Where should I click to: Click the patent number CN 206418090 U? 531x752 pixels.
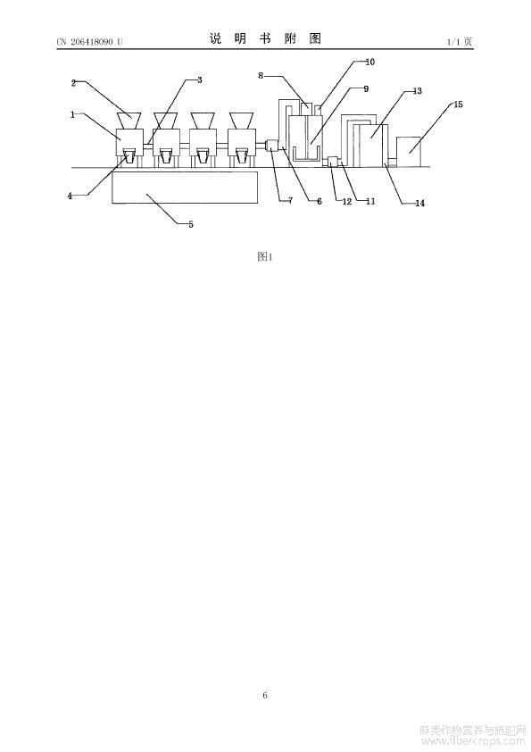pos(89,42)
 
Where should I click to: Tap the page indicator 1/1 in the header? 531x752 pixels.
pos(452,42)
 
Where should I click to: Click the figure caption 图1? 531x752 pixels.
pos(265,256)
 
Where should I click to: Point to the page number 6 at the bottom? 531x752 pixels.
pos(265,695)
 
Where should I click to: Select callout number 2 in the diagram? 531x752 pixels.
pos(73,83)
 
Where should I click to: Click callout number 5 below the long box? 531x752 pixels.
pos(191,224)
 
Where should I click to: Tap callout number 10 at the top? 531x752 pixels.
pos(370,62)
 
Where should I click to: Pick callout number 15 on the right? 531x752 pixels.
pos(458,104)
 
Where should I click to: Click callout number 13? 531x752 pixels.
pos(418,90)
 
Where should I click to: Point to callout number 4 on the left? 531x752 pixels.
pos(70,196)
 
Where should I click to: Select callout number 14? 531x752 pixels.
pos(419,204)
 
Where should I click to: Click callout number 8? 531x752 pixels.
pos(261,75)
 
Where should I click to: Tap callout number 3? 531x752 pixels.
pos(199,79)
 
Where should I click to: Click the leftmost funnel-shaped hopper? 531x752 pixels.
pos(129,121)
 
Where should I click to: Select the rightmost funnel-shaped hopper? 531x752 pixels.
pos(241,121)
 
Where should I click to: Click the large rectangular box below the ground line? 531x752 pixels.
pos(185,187)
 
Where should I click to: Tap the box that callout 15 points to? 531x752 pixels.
pos(409,152)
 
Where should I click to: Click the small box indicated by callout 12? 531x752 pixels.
pos(332,162)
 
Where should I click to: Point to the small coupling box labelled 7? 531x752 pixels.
pos(271,145)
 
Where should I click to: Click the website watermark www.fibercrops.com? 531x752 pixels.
pos(473,741)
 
